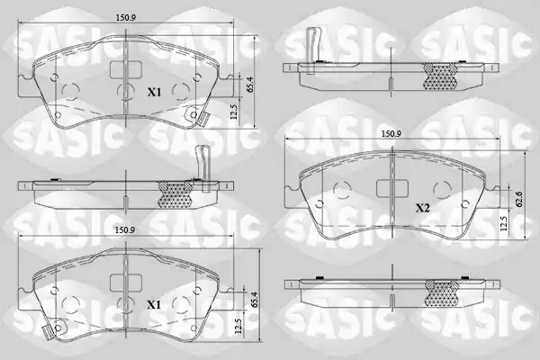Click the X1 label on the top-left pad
point(154,93)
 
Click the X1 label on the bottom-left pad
point(154,305)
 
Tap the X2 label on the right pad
point(423,208)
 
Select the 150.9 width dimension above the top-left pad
point(125,18)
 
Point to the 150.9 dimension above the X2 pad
point(391,134)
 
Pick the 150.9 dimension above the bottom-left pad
point(125,230)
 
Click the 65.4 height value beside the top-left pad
point(250,84)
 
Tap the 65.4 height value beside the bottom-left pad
point(255,300)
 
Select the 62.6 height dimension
point(519,199)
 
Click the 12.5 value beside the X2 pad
point(504,223)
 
